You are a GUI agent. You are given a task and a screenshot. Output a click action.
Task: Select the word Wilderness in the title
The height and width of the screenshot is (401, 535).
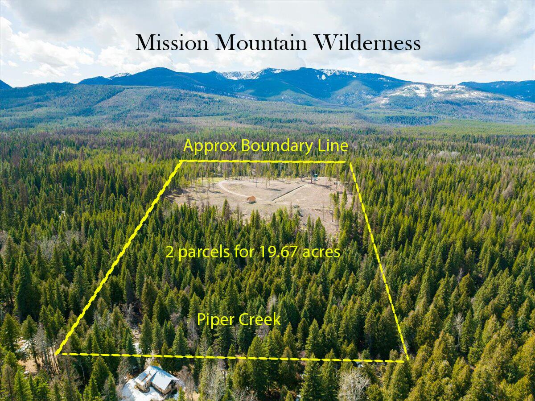click(367, 43)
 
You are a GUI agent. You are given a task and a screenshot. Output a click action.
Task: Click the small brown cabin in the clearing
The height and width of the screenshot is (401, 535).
click(251, 199)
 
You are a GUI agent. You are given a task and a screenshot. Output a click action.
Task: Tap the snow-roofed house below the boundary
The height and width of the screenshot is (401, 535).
click(154, 380)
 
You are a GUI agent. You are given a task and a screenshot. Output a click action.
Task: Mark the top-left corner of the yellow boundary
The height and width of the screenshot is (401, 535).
click(182, 161)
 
